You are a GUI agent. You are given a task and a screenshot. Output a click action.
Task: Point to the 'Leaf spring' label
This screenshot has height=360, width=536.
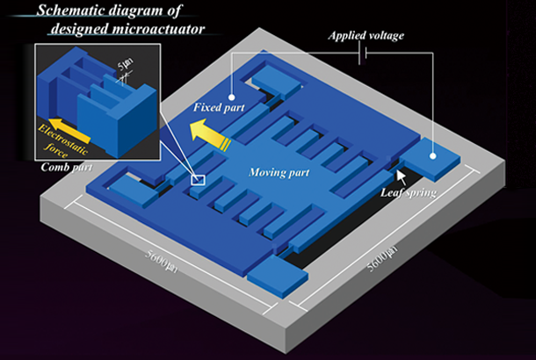(409, 191)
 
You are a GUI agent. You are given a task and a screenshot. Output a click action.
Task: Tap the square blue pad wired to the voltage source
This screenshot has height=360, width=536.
(433, 156)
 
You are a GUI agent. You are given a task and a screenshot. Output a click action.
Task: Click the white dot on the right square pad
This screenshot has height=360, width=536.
(433, 155)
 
